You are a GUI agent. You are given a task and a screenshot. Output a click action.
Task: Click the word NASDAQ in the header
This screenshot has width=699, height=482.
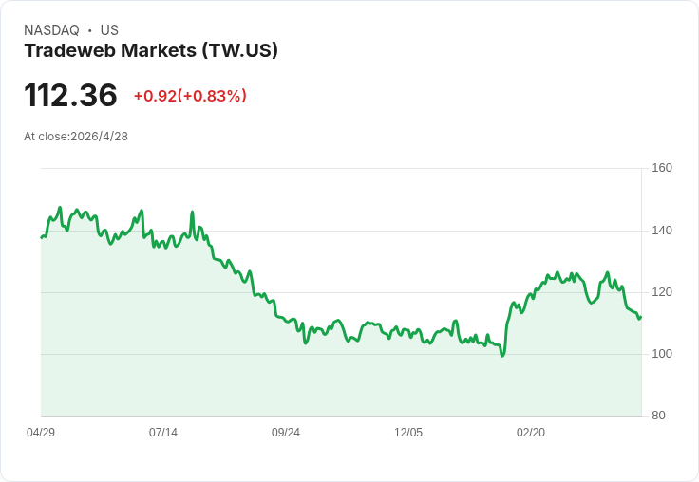click(51, 30)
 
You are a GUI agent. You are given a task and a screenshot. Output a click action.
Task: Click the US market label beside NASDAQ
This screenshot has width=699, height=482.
click(109, 30)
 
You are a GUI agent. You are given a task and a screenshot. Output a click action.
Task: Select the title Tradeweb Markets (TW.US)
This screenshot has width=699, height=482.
click(151, 51)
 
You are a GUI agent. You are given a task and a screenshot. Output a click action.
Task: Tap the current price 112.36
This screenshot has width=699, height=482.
click(70, 96)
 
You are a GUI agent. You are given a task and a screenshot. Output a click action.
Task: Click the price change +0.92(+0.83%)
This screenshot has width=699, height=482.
click(190, 96)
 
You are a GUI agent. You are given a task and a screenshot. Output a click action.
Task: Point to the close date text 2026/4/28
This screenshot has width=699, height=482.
click(100, 137)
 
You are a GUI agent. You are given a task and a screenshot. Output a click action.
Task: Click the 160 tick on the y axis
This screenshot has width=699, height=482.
click(662, 168)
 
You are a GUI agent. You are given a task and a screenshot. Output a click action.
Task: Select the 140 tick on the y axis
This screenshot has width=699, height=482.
click(662, 231)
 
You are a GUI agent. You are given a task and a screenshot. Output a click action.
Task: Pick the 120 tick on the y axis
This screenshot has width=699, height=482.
click(662, 292)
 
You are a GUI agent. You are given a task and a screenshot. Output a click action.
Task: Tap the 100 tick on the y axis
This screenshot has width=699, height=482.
click(662, 354)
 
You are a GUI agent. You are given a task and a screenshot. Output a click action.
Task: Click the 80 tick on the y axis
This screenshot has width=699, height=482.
click(658, 416)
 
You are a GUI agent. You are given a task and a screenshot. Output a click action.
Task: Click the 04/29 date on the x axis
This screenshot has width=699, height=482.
click(41, 433)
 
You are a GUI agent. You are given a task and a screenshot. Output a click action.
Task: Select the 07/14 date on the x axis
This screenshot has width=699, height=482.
click(163, 433)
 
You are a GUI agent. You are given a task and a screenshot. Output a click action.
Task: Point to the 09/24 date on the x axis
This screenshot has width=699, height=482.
click(286, 433)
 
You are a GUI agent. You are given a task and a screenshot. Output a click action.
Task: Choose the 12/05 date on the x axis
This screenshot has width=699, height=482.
click(408, 433)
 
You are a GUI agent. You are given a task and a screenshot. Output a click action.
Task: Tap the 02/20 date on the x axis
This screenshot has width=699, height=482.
click(531, 433)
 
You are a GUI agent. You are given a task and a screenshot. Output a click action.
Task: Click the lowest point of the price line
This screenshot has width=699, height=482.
click(502, 356)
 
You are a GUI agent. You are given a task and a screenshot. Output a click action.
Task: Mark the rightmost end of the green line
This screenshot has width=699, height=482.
click(641, 317)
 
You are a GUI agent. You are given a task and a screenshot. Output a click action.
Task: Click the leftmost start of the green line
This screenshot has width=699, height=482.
click(41, 237)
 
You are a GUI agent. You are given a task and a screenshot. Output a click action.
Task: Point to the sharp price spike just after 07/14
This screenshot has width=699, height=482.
click(192, 212)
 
